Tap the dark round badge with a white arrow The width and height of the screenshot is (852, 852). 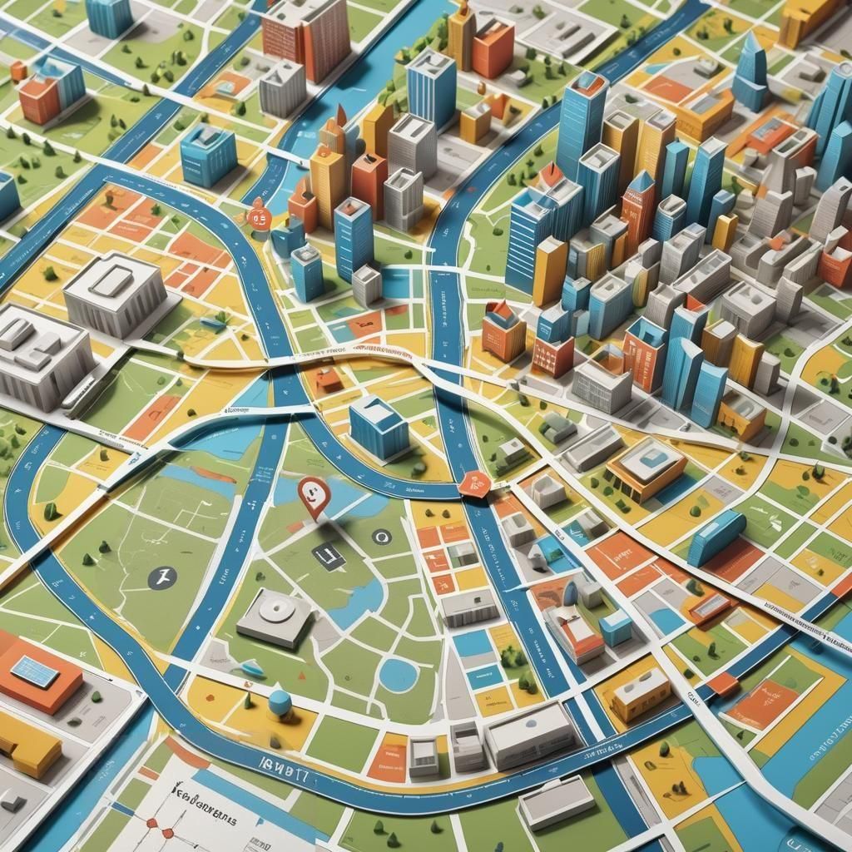pos(161,577)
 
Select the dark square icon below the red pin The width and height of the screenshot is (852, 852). pos(328,556)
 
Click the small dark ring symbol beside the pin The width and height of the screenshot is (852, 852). pos(381,537)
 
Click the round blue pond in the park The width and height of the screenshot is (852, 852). pos(399,674)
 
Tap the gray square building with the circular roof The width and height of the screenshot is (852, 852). pos(274,616)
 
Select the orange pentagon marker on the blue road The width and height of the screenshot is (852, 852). pos(475,481)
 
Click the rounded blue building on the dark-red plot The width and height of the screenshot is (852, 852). pos(716,537)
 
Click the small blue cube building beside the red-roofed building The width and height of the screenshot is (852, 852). pos(617,627)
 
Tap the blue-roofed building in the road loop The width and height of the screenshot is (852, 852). pos(379,427)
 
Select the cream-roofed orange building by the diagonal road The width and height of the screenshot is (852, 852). pos(640,693)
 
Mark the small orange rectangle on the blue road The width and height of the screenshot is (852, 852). pos(721,684)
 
